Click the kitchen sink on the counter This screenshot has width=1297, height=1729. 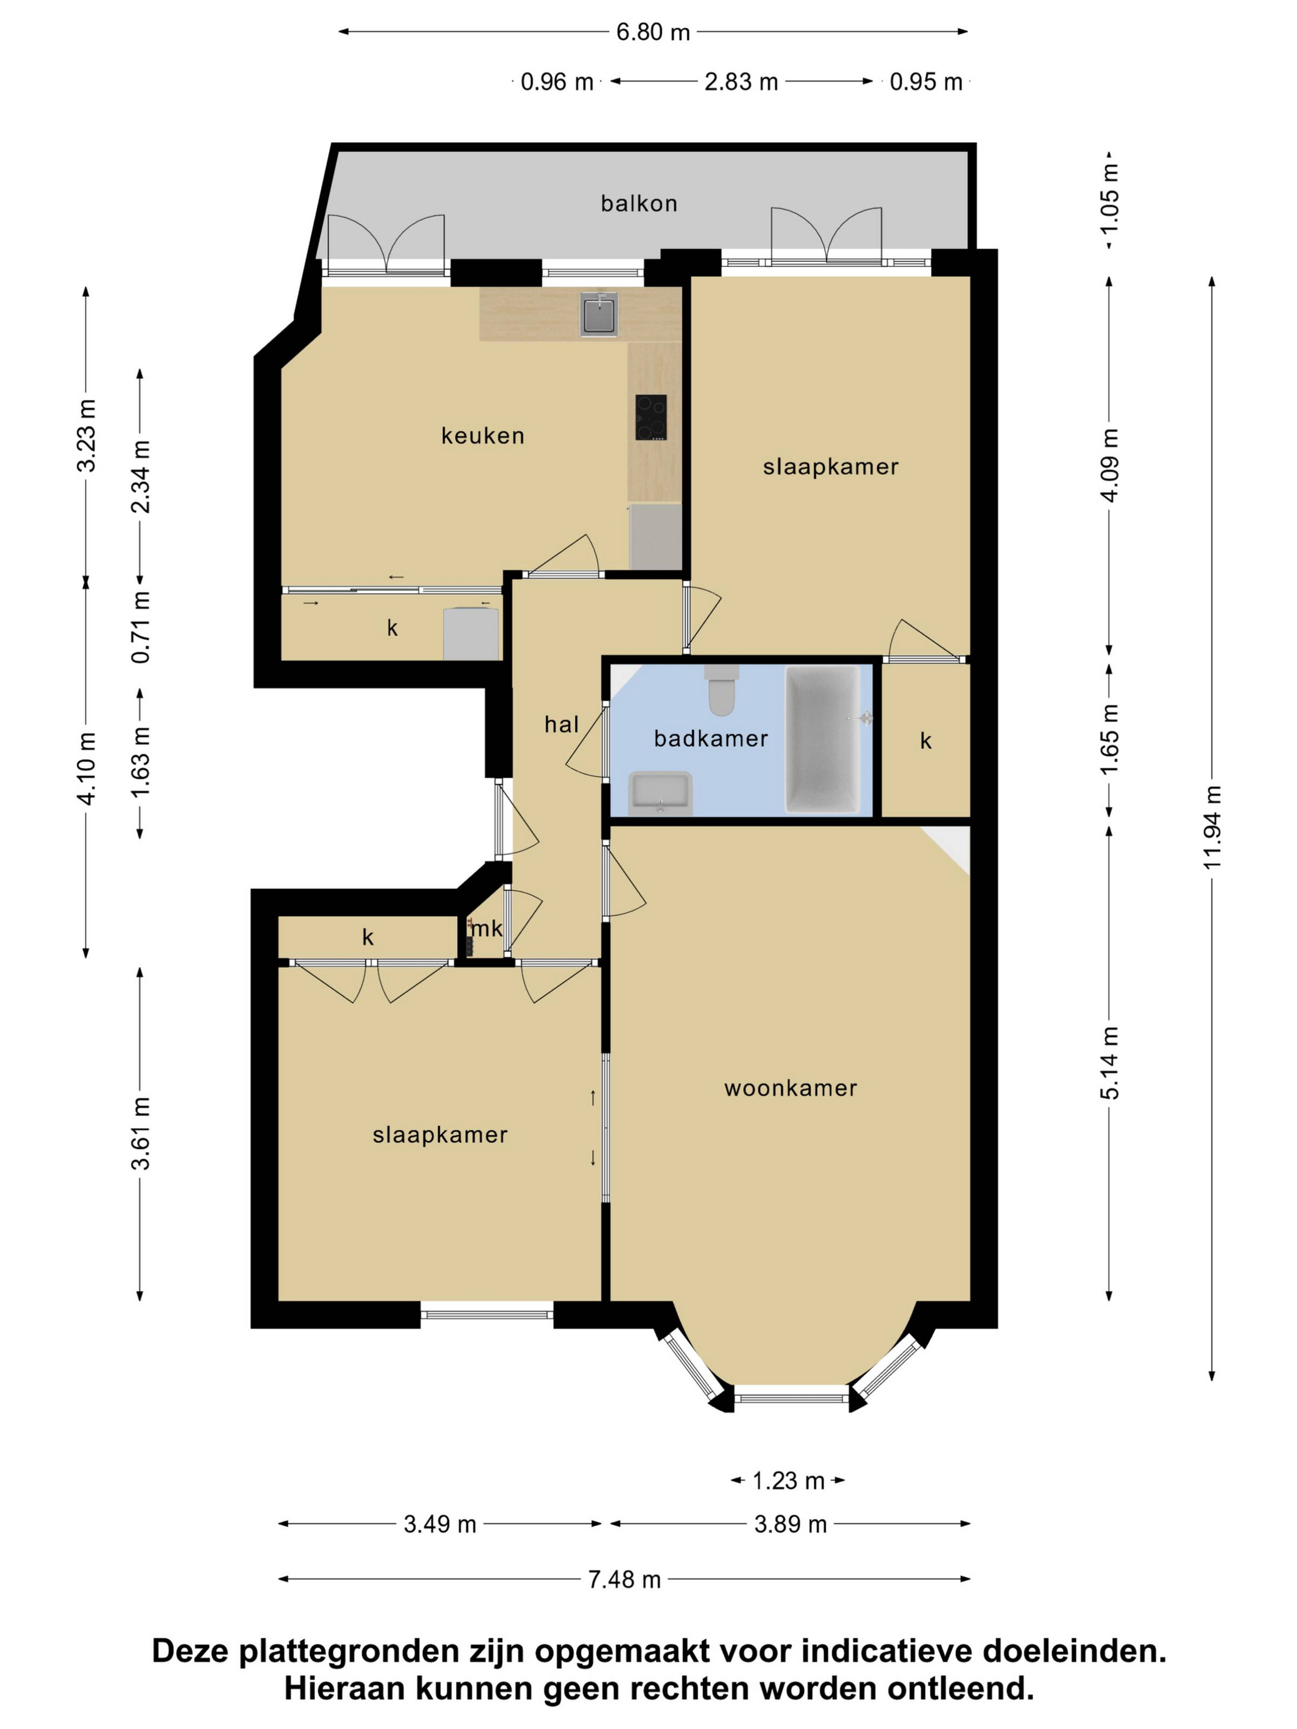(599, 313)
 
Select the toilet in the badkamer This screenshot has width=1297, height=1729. (721, 690)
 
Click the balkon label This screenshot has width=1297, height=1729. (639, 203)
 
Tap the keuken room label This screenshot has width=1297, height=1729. (482, 435)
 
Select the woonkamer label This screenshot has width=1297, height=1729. (790, 1088)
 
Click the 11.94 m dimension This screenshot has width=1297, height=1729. (1212, 827)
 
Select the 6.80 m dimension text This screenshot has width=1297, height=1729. (653, 32)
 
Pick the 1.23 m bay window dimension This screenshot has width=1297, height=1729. (788, 1480)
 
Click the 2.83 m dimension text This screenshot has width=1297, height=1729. (741, 81)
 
